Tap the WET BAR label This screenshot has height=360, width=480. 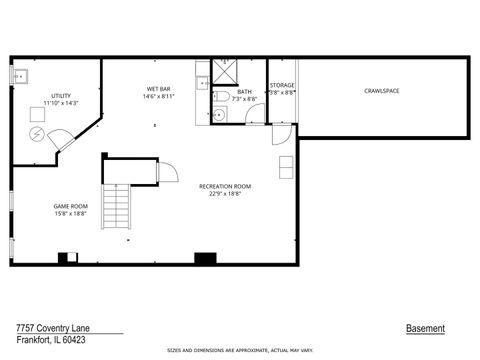coord(159,89)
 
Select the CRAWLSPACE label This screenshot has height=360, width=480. coord(381,91)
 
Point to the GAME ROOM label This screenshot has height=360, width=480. coord(70,206)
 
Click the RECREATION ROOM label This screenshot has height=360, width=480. coord(224,186)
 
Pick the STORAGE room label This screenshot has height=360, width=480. coord(282,85)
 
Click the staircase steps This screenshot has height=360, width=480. coord(118,208)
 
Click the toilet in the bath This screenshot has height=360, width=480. coord(219,98)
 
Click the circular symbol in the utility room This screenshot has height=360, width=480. coord(37,132)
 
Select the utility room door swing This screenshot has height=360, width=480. coord(60,139)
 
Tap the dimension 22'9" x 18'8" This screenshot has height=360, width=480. coord(224,194)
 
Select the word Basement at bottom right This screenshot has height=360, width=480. coord(425,328)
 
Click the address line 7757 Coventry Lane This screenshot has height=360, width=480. coord(49,327)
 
